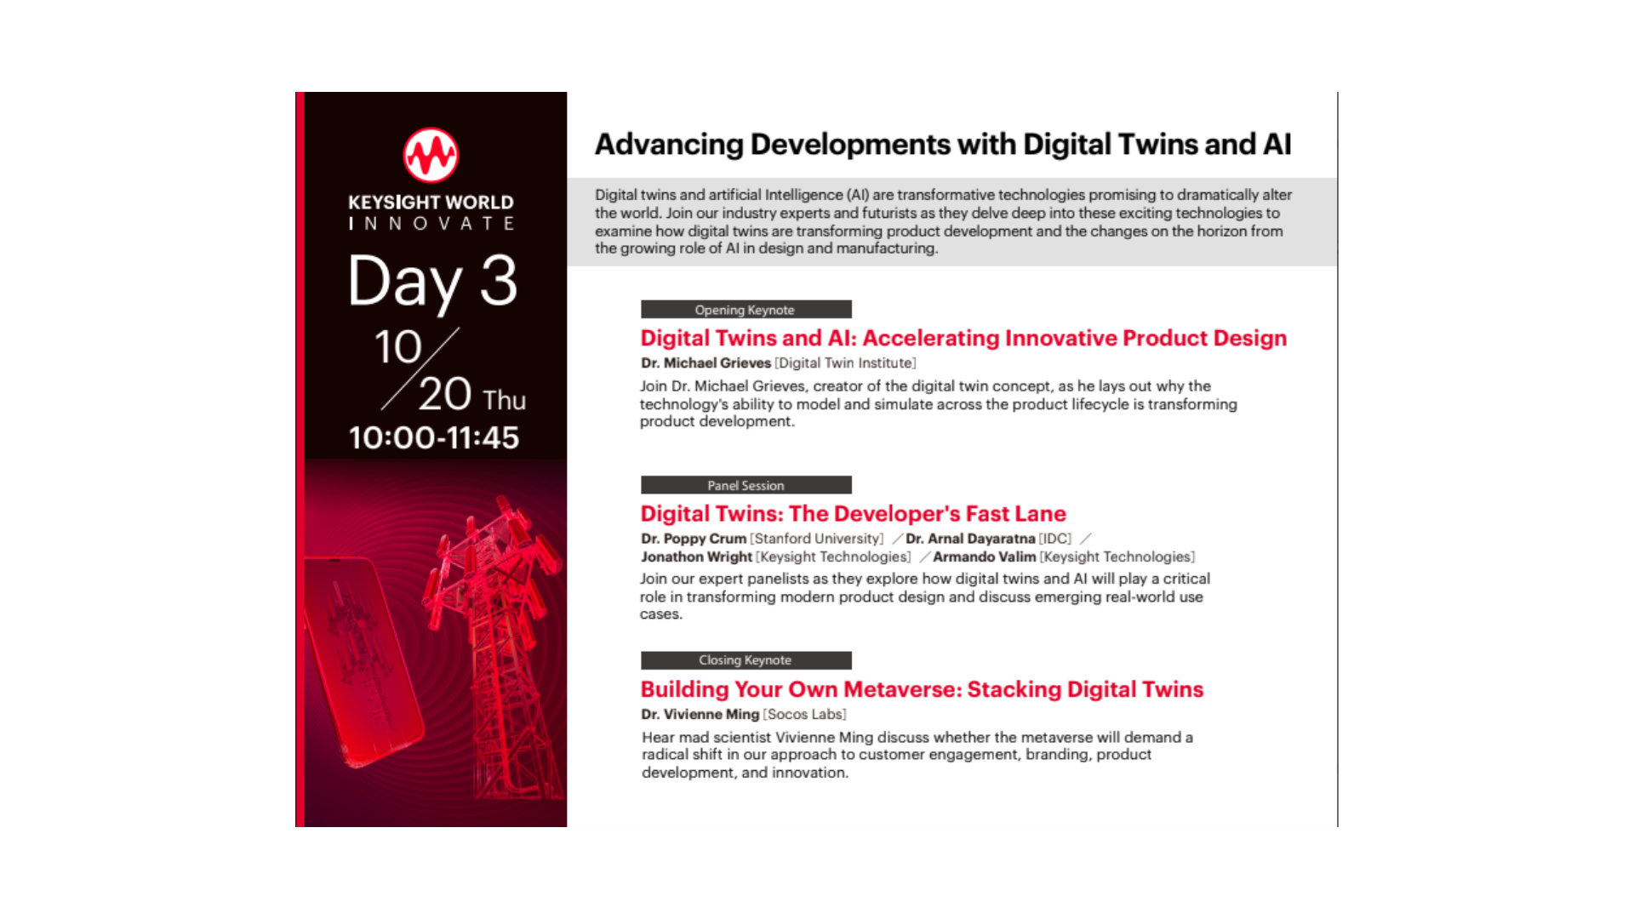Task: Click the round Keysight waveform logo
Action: point(431,156)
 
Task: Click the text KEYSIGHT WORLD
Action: point(431,203)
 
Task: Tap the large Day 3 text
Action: point(432,282)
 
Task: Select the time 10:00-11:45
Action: point(433,437)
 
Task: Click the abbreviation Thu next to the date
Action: point(504,400)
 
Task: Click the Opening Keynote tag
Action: point(746,310)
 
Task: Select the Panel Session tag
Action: point(746,485)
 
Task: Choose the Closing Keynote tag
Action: point(746,660)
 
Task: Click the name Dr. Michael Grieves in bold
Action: point(706,363)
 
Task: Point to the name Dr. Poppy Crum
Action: point(694,539)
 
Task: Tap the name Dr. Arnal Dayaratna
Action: point(970,539)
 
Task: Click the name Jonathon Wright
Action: point(696,557)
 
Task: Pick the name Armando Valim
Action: point(984,557)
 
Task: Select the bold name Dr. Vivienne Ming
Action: point(700,715)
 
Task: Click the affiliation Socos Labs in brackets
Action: point(804,715)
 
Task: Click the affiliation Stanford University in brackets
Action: point(816,539)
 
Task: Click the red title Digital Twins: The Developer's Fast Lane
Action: point(853,514)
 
